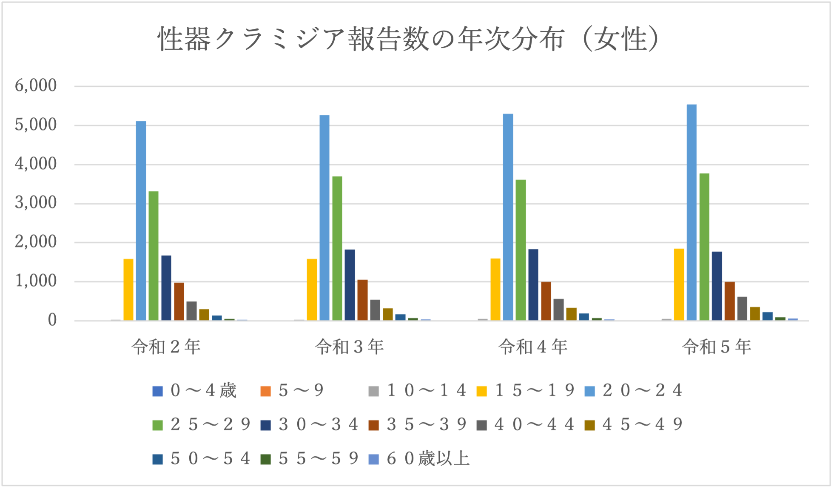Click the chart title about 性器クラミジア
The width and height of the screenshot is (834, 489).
click(408, 39)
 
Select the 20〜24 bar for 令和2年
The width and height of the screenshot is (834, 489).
click(141, 221)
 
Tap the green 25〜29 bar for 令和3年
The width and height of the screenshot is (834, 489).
click(337, 248)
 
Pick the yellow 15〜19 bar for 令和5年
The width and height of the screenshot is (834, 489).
click(679, 284)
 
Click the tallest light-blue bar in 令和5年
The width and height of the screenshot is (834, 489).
click(692, 213)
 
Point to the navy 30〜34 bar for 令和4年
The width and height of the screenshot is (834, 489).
click(533, 285)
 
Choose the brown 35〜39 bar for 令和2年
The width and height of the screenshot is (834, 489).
click(179, 301)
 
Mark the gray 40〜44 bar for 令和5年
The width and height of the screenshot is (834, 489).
click(742, 309)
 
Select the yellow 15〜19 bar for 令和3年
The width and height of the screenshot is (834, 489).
click(312, 290)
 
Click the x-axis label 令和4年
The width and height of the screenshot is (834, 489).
click(533, 347)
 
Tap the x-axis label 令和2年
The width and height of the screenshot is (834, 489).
click(166, 347)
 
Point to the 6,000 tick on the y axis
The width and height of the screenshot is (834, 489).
click(36, 86)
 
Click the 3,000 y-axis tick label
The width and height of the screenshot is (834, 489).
click(36, 203)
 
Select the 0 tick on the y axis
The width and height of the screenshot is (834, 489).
click(52, 320)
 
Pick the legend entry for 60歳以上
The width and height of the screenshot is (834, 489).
click(419, 459)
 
